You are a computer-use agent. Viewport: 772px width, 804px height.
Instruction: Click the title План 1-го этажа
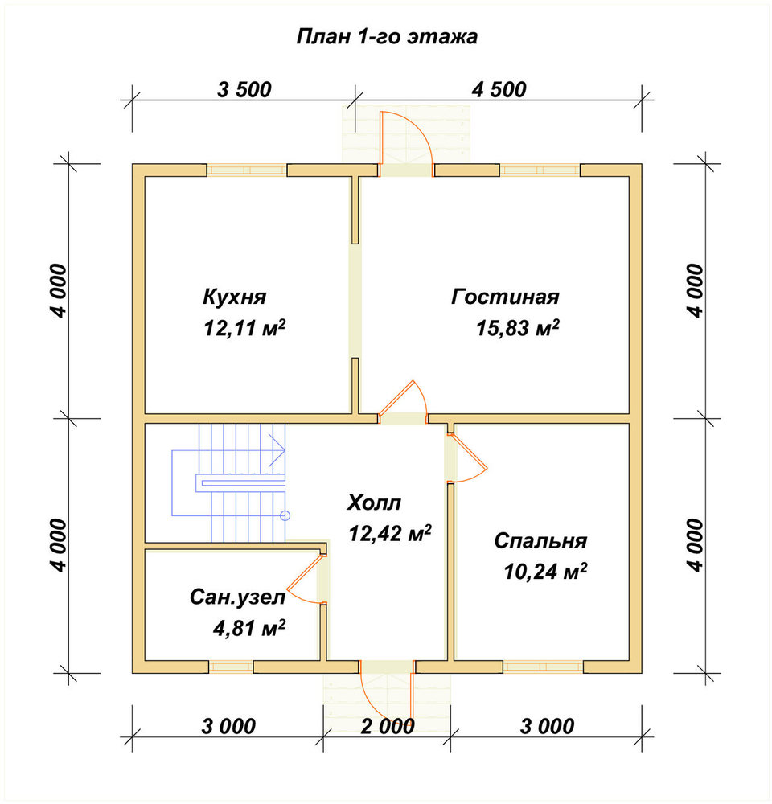pyautogui.click(x=388, y=37)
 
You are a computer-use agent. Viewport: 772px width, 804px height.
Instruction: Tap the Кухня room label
pyautogui.click(x=235, y=297)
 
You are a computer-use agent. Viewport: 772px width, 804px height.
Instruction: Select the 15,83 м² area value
pyautogui.click(x=518, y=328)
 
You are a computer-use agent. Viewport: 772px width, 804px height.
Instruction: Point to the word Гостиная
pyautogui.click(x=505, y=297)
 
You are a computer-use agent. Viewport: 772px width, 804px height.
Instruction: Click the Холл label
pyautogui.click(x=374, y=503)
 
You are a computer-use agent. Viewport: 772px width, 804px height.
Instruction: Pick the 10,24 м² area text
pyautogui.click(x=545, y=571)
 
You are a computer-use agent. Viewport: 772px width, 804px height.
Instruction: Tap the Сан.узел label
pyautogui.click(x=237, y=597)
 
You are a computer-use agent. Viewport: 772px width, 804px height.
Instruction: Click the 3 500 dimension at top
pyautogui.click(x=244, y=90)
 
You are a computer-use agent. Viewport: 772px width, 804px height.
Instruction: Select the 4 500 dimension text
pyautogui.click(x=499, y=90)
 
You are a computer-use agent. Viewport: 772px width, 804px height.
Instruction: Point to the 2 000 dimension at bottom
pyautogui.click(x=388, y=727)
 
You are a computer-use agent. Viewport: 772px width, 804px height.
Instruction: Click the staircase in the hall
pyautogui.click(x=229, y=482)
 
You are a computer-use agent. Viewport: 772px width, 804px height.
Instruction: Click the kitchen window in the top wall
pyautogui.click(x=247, y=170)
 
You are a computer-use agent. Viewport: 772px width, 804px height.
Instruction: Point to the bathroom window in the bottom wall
pyautogui.click(x=231, y=667)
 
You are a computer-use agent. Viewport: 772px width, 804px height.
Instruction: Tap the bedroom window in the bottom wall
pyautogui.click(x=544, y=667)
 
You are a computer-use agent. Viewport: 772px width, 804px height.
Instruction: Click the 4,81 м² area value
pyautogui.click(x=249, y=628)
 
